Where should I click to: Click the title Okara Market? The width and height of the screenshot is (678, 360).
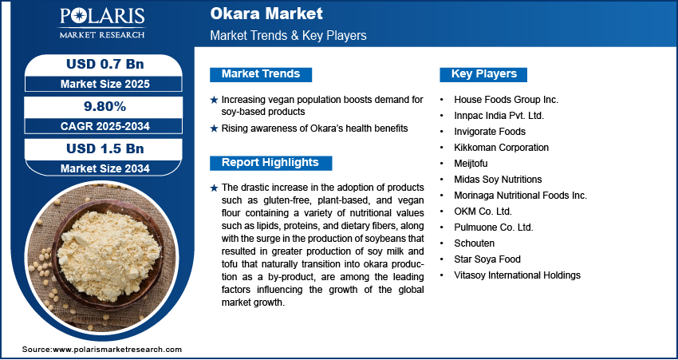tap(255, 14)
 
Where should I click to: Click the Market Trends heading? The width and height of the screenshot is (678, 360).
tap(261, 74)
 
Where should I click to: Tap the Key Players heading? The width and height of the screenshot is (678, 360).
tap(484, 74)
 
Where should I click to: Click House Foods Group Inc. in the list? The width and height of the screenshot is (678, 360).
tap(506, 100)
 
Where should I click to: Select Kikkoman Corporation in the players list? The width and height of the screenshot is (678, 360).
tap(501, 148)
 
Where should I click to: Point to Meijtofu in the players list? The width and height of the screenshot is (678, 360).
tap(472, 164)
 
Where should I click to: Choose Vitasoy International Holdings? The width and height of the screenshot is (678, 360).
tap(518, 275)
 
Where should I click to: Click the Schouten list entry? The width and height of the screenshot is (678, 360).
tap(474, 243)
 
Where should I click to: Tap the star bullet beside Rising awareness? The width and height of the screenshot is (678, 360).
tap(214, 129)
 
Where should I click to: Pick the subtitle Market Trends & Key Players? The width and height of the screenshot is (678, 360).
tap(288, 36)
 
